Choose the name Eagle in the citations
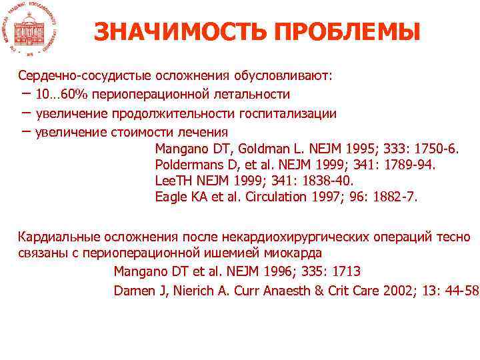coord(170,197)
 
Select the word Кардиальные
coord(59,237)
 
